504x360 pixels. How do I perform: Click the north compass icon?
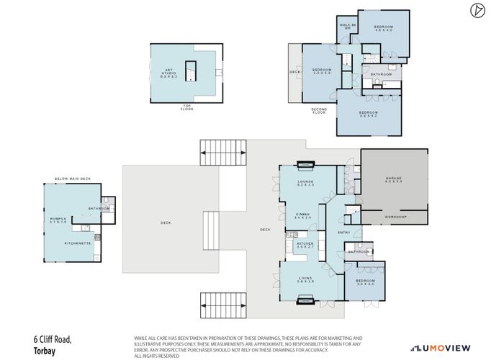(x=476, y=10)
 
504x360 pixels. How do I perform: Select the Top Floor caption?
(x=186, y=108)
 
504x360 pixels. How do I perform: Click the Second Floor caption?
(x=319, y=111)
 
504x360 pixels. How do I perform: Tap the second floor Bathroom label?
(x=381, y=75)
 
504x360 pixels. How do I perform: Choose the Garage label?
(x=393, y=182)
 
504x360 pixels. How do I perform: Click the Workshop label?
(x=395, y=216)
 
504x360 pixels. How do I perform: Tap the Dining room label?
(x=303, y=215)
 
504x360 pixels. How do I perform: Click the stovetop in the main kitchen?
(x=292, y=235)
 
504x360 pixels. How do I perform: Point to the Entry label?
(x=343, y=232)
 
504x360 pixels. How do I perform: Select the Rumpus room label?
(x=57, y=221)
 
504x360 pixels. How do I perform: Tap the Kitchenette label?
(x=76, y=243)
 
